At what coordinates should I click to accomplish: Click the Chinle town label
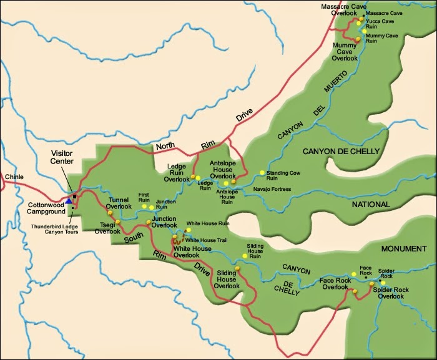[x=14, y=177]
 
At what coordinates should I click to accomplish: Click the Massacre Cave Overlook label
[x=343, y=11]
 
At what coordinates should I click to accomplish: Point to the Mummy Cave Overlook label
[x=344, y=52]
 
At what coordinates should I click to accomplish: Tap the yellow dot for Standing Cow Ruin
[x=262, y=173]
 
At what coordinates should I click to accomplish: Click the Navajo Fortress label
[x=272, y=189]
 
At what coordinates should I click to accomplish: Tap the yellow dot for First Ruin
[x=144, y=207]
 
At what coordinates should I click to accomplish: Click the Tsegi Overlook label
[x=107, y=228]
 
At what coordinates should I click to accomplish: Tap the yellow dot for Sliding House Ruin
[x=244, y=256]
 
